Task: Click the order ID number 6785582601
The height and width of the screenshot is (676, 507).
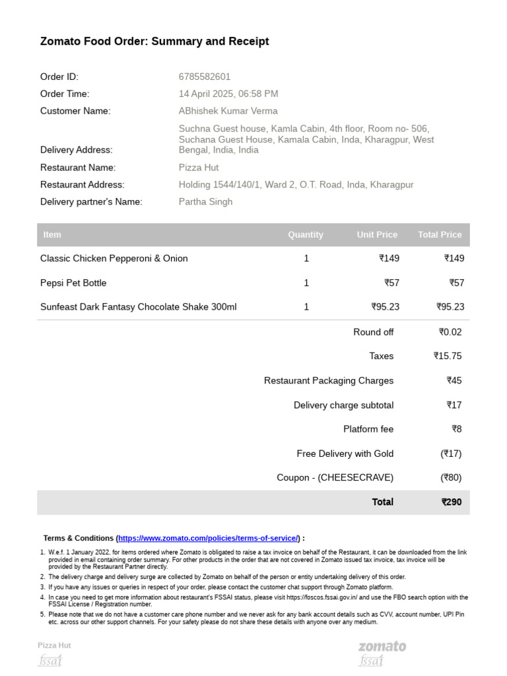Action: (205, 77)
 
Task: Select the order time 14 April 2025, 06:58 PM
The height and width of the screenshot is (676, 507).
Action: (228, 94)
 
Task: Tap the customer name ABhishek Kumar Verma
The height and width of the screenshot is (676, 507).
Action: (228, 111)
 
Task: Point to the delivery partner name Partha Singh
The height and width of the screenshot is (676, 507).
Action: (205, 202)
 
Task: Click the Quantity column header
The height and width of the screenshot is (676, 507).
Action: (306, 234)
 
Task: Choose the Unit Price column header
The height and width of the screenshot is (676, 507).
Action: (377, 234)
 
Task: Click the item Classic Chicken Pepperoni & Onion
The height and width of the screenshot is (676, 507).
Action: (114, 259)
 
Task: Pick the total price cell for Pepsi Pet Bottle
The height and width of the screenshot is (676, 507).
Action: (456, 283)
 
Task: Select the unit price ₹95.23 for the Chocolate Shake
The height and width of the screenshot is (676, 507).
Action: (386, 307)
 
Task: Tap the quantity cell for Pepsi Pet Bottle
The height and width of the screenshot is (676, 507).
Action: (306, 283)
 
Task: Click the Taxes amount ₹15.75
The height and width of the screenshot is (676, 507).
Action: (448, 356)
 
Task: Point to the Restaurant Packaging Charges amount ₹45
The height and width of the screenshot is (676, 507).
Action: (454, 380)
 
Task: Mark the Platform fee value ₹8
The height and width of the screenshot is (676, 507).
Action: (457, 429)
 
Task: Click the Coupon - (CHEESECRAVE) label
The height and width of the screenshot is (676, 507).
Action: (335, 477)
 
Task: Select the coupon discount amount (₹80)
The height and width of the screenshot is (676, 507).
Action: (451, 477)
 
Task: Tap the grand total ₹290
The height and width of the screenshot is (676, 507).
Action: (452, 502)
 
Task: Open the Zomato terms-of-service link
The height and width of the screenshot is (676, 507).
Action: (209, 538)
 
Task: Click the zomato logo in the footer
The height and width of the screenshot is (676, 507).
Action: (382, 646)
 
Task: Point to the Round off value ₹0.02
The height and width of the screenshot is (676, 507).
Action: (450, 332)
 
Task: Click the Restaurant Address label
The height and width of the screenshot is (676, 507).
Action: (83, 185)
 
